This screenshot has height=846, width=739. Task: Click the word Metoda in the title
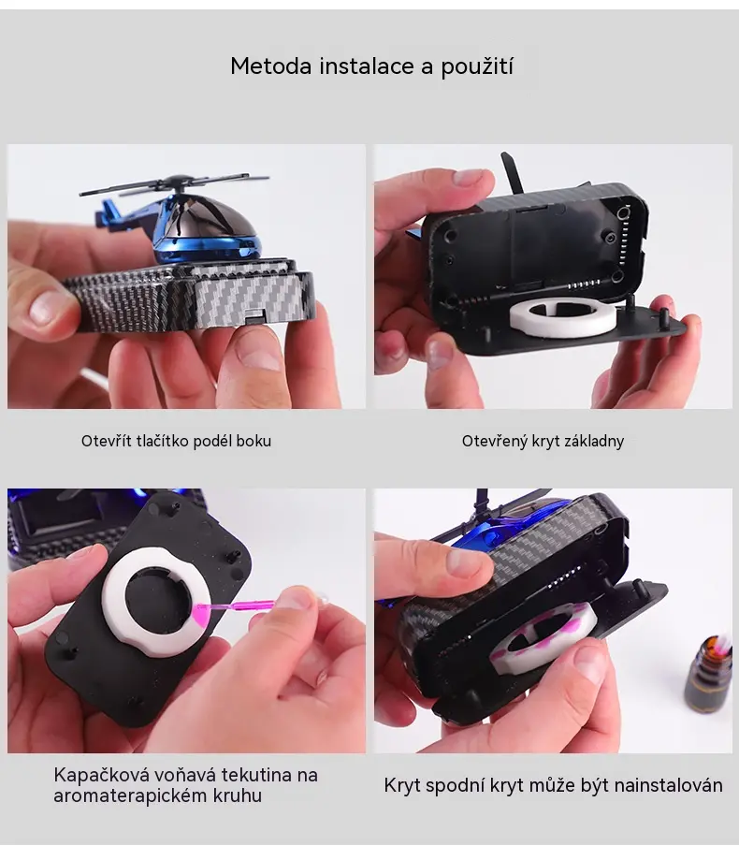271,66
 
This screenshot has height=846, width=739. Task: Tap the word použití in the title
477,67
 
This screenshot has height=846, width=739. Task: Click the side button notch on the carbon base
254,316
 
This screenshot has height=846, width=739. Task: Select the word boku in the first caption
254,441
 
